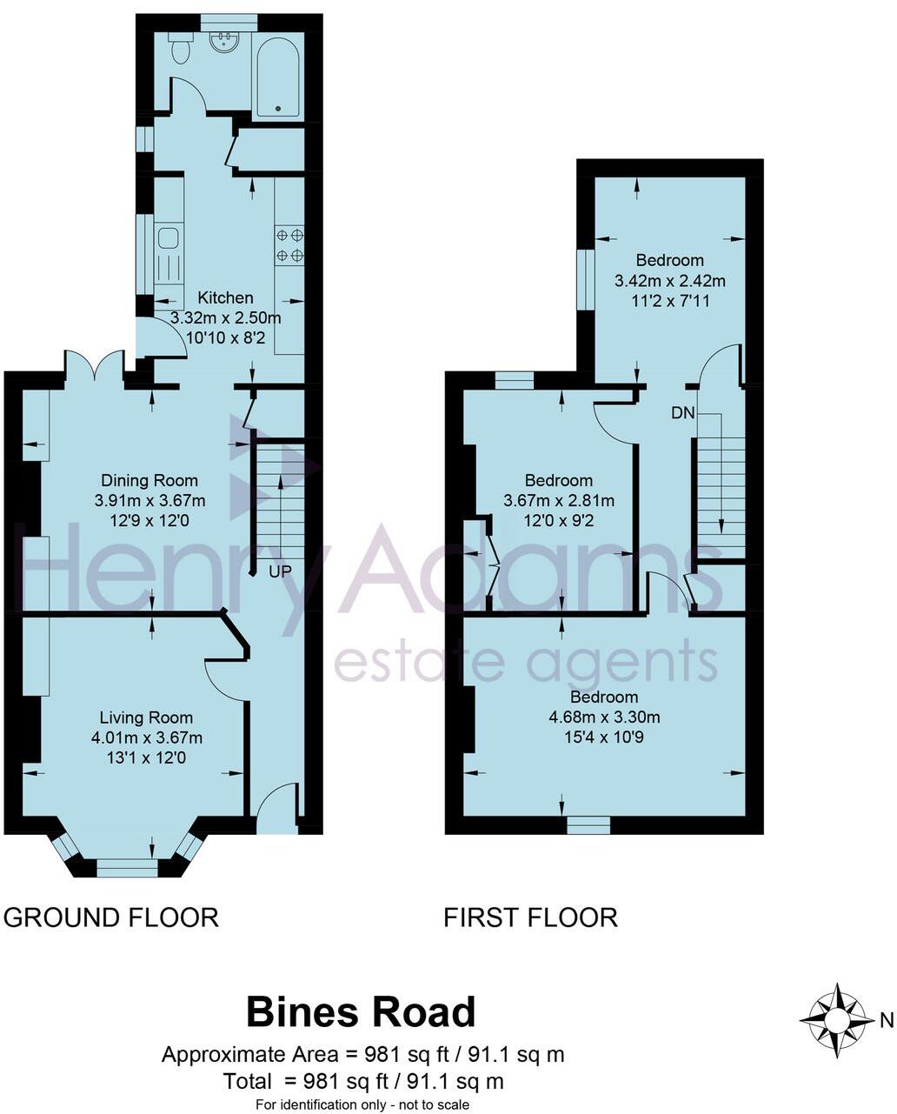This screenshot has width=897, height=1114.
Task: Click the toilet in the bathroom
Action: click(x=180, y=50)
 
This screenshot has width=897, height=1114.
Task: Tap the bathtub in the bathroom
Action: click(x=277, y=77)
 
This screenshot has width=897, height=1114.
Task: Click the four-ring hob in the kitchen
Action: click(x=289, y=244)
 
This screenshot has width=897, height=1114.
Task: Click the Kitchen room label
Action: click(x=225, y=298)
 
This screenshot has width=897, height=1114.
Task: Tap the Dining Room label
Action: click(x=149, y=480)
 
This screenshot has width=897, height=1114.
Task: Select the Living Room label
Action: click(x=146, y=717)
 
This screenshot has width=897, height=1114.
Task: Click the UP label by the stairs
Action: click(x=279, y=571)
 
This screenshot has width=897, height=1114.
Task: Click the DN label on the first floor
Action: click(x=683, y=413)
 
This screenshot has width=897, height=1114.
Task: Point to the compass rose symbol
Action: click(x=837, y=1020)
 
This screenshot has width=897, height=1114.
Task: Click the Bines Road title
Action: click(x=361, y=1012)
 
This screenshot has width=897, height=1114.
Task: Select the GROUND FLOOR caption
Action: click(x=111, y=917)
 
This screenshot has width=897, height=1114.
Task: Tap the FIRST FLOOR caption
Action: click(x=530, y=917)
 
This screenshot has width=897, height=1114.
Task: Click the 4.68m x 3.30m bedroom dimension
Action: click(x=604, y=717)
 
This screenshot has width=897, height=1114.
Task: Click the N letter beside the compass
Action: click(x=886, y=1020)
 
